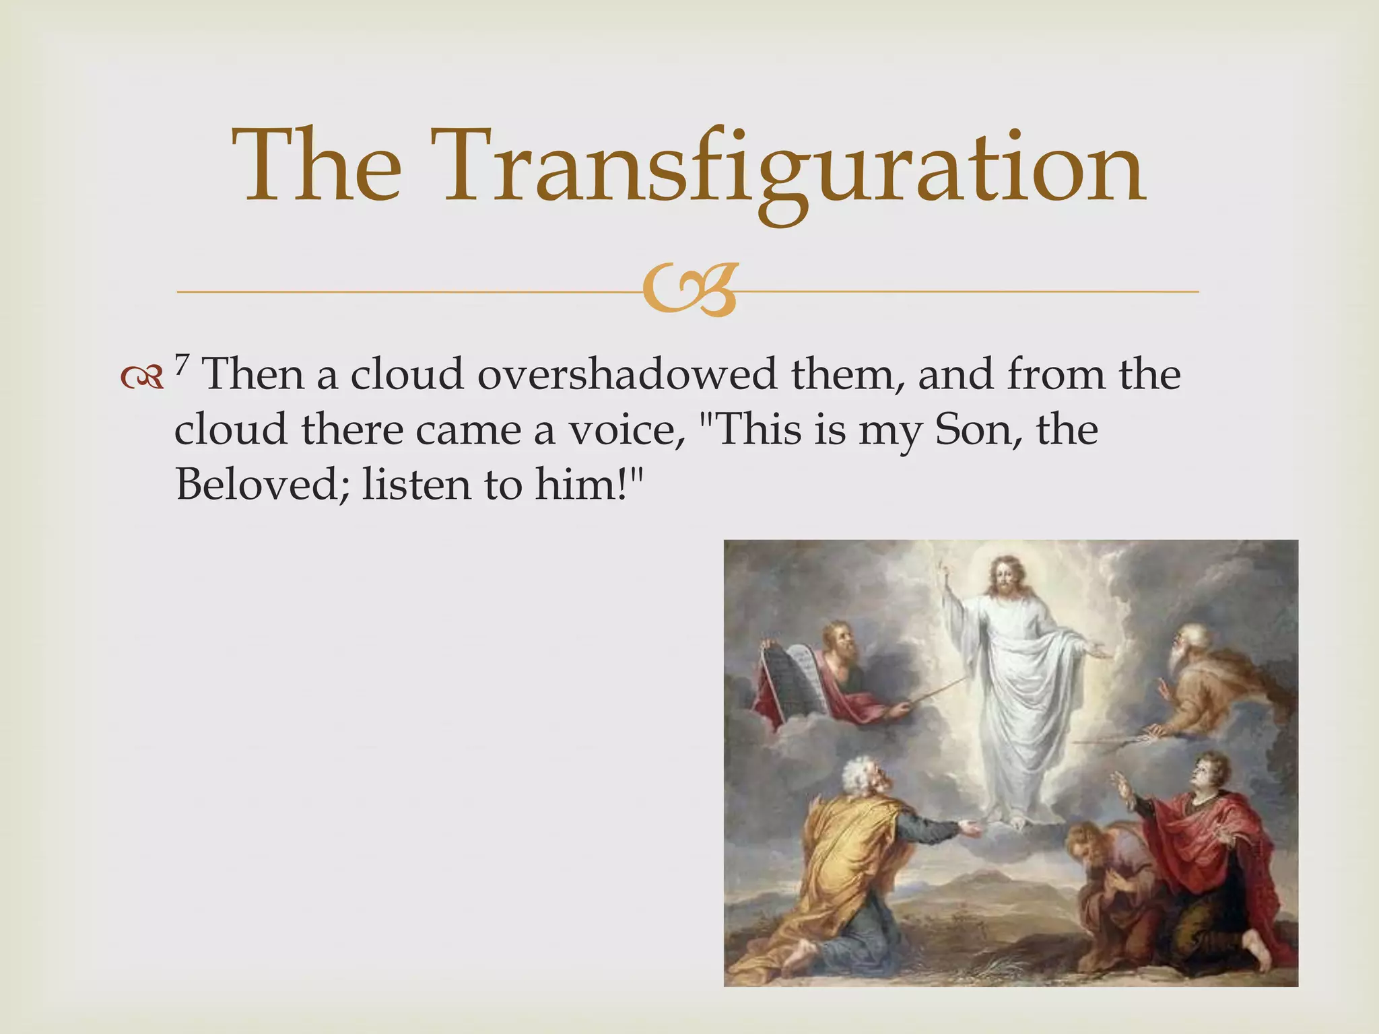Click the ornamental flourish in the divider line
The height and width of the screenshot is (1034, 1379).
click(x=688, y=291)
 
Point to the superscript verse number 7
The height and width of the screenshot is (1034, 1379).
click(x=180, y=364)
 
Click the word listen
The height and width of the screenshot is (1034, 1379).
click(x=416, y=483)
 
